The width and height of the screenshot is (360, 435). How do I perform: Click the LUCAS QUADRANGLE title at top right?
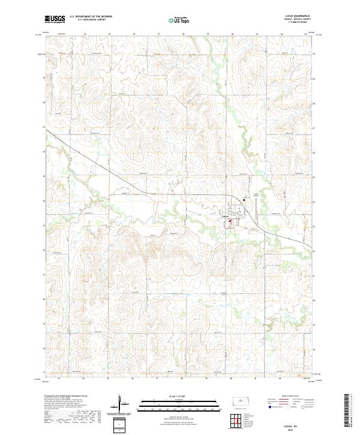coord(301,16)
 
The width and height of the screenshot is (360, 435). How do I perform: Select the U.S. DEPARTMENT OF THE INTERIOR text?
coord(91,17)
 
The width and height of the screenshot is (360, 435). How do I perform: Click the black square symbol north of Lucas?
coord(244,200)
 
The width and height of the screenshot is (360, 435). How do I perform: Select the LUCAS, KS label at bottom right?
coord(301,424)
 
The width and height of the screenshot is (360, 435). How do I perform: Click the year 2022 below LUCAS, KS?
coord(301,428)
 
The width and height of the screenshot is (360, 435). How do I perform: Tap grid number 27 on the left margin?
coord(44,128)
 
